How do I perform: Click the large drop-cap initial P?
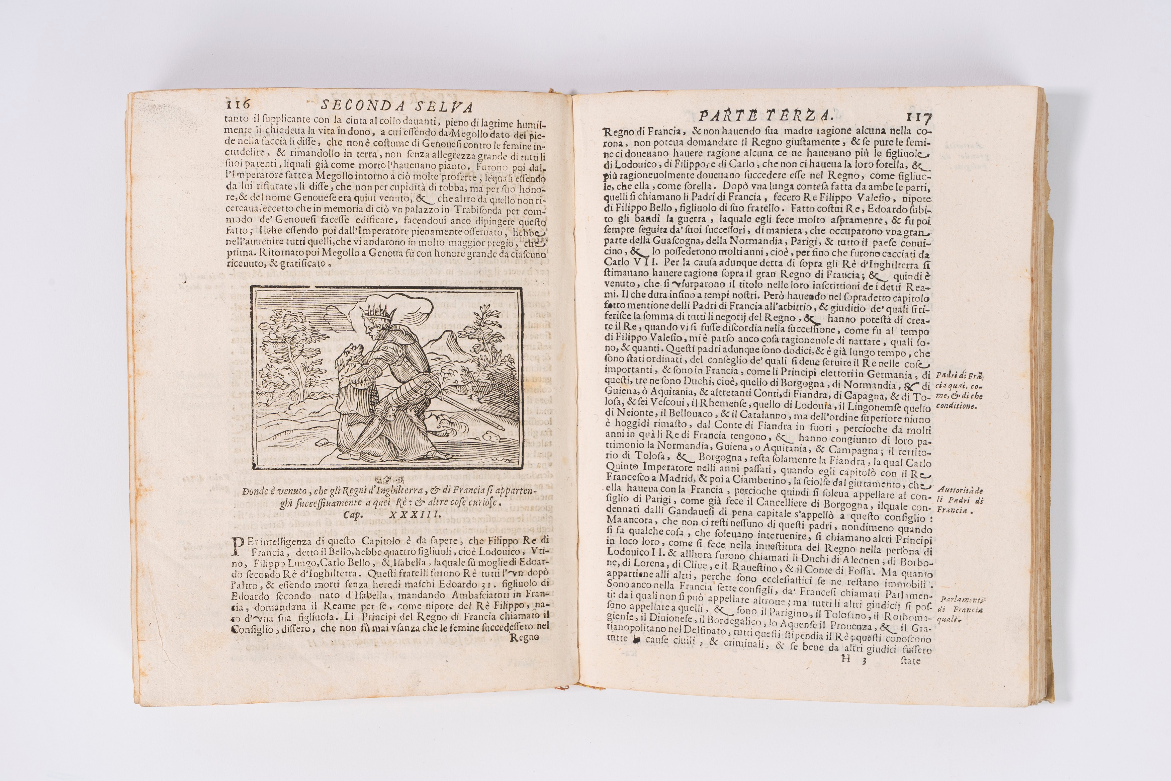239,546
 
